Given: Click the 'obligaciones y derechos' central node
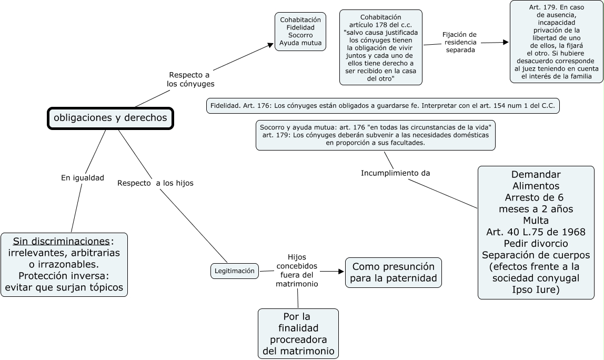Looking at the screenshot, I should coord(110,118).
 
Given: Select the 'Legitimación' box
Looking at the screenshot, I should coord(235,271).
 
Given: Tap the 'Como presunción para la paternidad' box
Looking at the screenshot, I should coord(394,272).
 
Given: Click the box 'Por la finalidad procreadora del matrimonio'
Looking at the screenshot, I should coord(298,334).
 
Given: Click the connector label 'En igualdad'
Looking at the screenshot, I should coord(83,178).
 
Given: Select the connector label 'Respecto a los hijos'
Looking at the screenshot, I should coord(155,183).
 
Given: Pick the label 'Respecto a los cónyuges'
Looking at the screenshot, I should coord(190,79).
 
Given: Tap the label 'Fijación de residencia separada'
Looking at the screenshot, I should coord(460,42).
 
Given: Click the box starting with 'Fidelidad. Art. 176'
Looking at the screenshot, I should coord(383,106).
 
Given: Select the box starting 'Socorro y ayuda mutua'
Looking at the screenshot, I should coord(376,135).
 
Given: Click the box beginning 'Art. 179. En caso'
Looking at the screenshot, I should coord(556,42).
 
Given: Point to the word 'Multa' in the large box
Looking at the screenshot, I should coord(536,220).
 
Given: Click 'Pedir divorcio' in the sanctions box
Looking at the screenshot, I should coord(536,244).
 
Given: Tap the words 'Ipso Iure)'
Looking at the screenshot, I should coord(536,289).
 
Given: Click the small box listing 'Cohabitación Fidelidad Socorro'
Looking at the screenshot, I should coord(300,32).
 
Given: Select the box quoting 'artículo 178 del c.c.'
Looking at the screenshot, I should coord(381,47).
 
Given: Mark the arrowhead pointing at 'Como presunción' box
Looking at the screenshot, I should coord(341,272).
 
